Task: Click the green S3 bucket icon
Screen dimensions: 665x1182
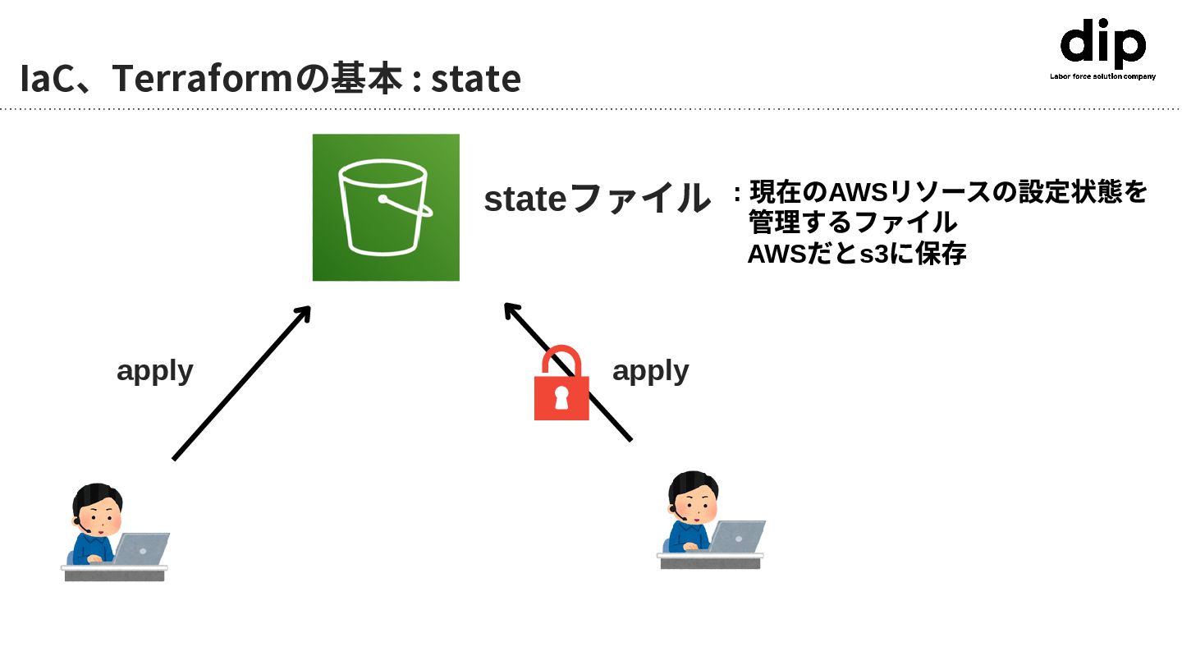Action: point(386,207)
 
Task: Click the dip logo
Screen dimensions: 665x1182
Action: point(1102,44)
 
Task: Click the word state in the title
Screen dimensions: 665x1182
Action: point(476,79)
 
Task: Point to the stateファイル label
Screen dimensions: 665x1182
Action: point(597,199)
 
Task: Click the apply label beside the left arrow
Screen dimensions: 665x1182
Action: point(155,370)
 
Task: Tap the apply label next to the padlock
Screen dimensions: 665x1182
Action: point(650,370)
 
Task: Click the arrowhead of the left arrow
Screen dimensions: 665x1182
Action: point(304,313)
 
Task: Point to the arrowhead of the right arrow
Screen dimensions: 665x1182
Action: point(511,310)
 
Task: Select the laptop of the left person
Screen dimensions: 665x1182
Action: point(141,548)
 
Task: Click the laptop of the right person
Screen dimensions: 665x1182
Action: point(737,535)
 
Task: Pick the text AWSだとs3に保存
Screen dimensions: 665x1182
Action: point(856,255)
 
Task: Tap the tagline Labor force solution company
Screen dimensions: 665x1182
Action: point(1102,76)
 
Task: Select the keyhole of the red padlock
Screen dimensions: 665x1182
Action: point(561,398)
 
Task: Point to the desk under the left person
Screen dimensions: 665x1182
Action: point(114,573)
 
